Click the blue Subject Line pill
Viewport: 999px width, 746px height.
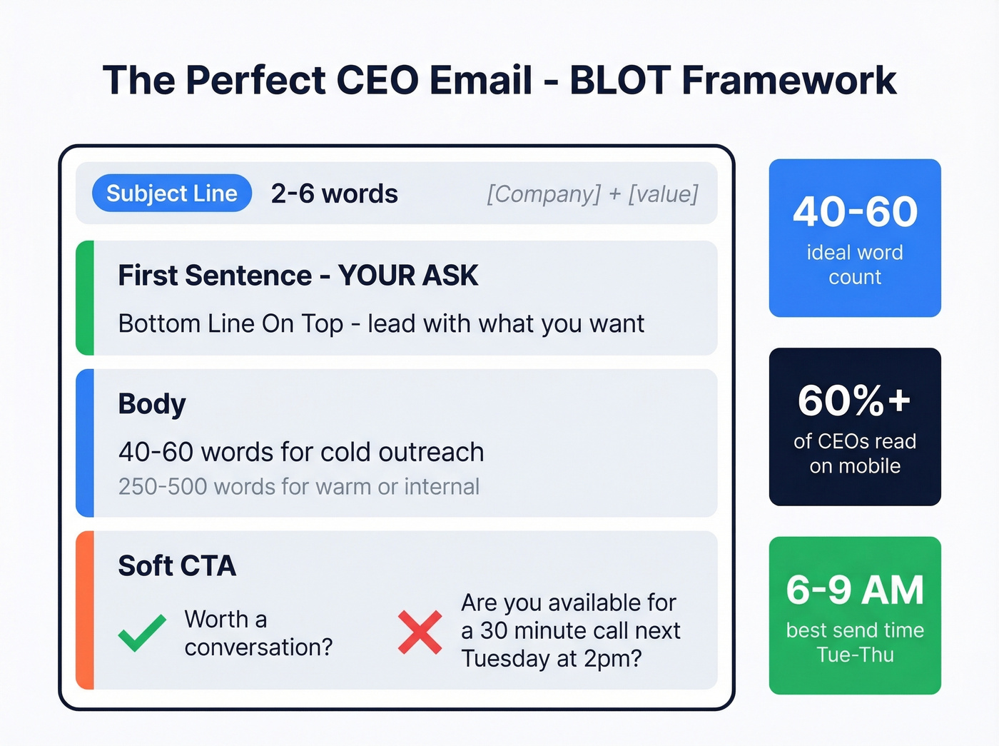[x=172, y=193]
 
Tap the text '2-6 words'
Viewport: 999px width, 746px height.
[x=334, y=193]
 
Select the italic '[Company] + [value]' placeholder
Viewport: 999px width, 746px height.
[x=592, y=193]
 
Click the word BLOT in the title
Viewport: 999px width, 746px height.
[x=620, y=80]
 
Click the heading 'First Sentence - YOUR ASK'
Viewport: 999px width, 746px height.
[x=298, y=276]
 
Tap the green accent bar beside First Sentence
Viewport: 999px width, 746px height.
[x=85, y=298]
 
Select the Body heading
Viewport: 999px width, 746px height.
[x=152, y=404]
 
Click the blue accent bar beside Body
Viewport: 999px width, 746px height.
[x=85, y=443]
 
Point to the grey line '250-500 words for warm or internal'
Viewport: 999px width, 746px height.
[x=298, y=487]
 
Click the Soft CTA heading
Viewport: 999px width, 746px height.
[x=177, y=566]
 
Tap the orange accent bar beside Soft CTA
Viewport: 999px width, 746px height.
[x=85, y=610]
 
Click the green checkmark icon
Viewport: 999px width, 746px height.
[x=142, y=632]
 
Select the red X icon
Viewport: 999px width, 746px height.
[x=420, y=632]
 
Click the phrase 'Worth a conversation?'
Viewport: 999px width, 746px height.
[x=258, y=633]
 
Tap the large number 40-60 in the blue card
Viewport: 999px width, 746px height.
[x=855, y=212]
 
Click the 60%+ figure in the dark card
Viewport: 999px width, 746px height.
[x=855, y=400]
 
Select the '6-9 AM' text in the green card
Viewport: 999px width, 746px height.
[x=855, y=590]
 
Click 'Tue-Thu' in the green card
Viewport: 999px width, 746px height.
[x=855, y=655]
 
